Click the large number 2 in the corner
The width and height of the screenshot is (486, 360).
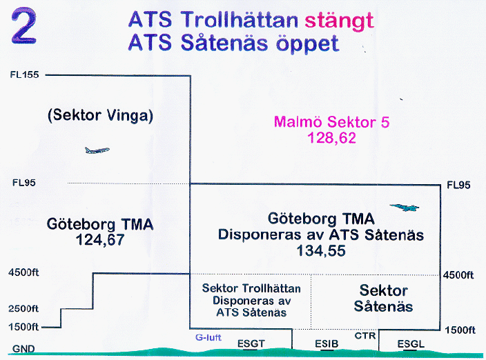(x=24, y=26)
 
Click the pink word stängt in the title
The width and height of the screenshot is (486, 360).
(x=339, y=21)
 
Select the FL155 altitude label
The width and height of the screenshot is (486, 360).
(x=24, y=74)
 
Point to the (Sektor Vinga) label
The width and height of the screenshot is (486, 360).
(x=100, y=115)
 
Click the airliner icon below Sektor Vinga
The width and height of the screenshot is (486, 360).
(x=97, y=150)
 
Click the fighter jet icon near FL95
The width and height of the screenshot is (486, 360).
(x=405, y=208)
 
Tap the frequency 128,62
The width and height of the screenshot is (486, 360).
(x=331, y=138)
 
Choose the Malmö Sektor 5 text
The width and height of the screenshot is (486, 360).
(x=331, y=121)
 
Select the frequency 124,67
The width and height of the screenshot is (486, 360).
(x=100, y=239)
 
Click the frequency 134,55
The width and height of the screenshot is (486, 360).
(x=321, y=250)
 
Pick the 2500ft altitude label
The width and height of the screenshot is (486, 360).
(x=23, y=308)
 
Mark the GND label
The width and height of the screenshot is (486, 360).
(x=23, y=349)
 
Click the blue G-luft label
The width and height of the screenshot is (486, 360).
(x=208, y=337)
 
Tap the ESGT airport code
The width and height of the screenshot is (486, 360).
(x=251, y=343)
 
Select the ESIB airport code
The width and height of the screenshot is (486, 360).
(x=327, y=343)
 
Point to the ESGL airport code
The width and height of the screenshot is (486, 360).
(x=411, y=343)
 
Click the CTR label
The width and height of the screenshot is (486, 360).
(x=365, y=336)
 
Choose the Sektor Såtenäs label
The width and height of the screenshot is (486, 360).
(x=383, y=299)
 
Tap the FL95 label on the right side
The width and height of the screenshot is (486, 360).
(x=458, y=185)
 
